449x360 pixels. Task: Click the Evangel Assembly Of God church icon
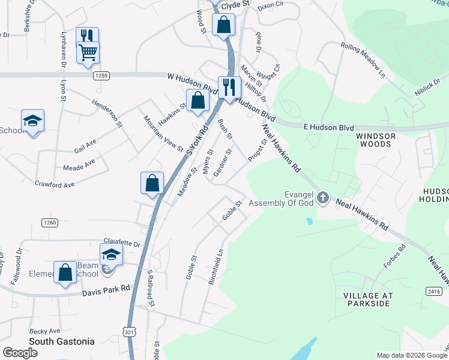[323, 197]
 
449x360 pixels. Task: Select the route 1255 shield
[101, 76]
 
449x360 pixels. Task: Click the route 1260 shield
[50, 223]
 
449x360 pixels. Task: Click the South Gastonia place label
[62, 341]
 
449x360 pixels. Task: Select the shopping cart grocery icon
[88, 52]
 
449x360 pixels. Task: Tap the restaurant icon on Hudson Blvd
[229, 87]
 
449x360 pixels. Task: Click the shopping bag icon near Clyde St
[224, 25]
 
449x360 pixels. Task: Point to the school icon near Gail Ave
[32, 120]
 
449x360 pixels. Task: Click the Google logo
[20, 353]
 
